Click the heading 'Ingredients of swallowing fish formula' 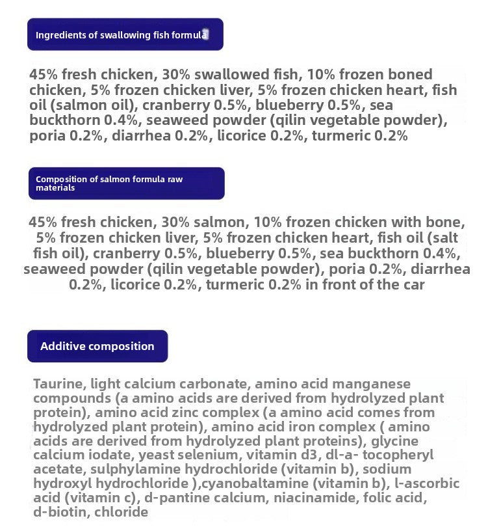[122, 35]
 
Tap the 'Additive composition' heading [97, 346]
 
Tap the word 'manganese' [378, 384]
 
